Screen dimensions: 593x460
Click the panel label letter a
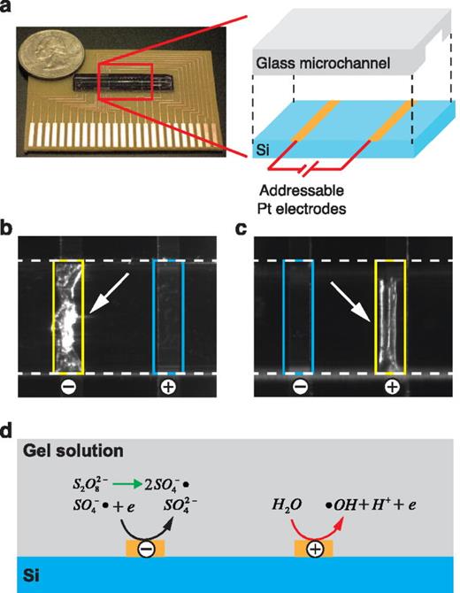tap(8, 12)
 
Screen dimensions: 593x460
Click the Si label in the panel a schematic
tap(260, 149)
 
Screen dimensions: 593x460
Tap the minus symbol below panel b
tap(68, 388)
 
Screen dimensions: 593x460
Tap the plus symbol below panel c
tap(390, 388)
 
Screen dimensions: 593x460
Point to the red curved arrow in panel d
tap(314, 520)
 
